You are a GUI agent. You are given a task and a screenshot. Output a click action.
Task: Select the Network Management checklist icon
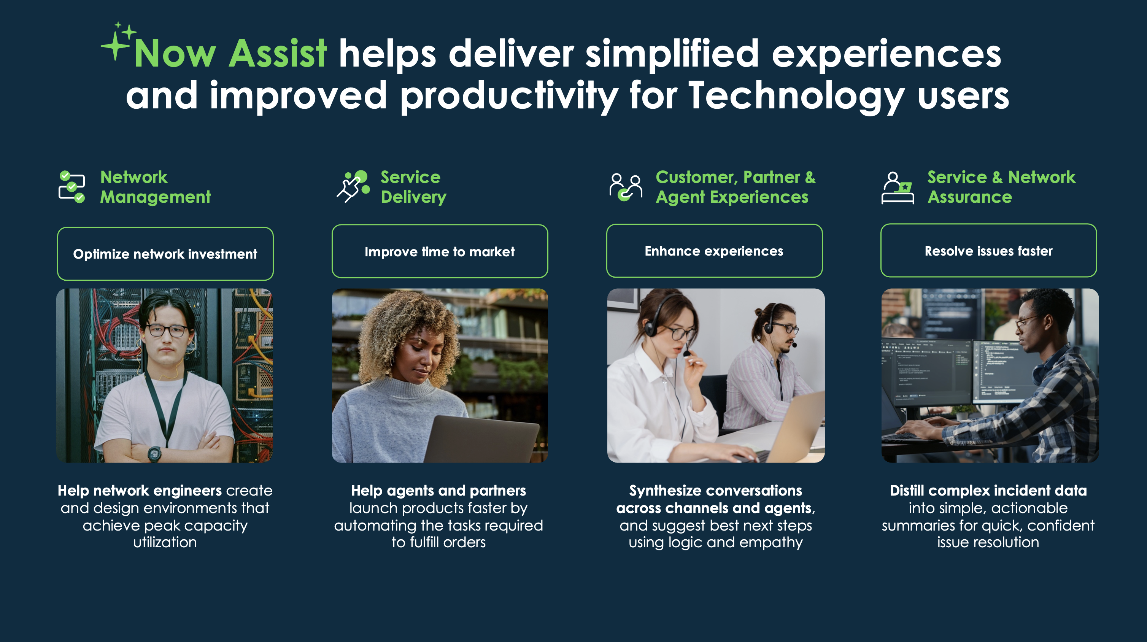click(71, 187)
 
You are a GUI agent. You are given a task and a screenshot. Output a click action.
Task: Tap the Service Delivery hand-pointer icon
click(353, 186)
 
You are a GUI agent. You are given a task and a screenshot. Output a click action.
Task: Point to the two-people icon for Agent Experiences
click(626, 188)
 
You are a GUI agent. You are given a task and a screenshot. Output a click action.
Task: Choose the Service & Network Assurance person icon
click(898, 188)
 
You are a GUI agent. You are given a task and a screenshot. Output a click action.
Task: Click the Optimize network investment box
click(165, 254)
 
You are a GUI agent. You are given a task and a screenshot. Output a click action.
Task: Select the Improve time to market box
click(440, 251)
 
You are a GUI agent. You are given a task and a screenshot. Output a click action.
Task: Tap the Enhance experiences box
click(714, 251)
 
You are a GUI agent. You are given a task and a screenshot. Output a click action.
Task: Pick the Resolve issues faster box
click(988, 251)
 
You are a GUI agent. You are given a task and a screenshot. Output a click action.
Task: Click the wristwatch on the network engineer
click(154, 454)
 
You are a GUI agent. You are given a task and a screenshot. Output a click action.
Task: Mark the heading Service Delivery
click(414, 187)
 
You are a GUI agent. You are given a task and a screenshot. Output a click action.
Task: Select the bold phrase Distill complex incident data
click(988, 490)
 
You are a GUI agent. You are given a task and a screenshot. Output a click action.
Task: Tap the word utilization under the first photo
click(165, 542)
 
